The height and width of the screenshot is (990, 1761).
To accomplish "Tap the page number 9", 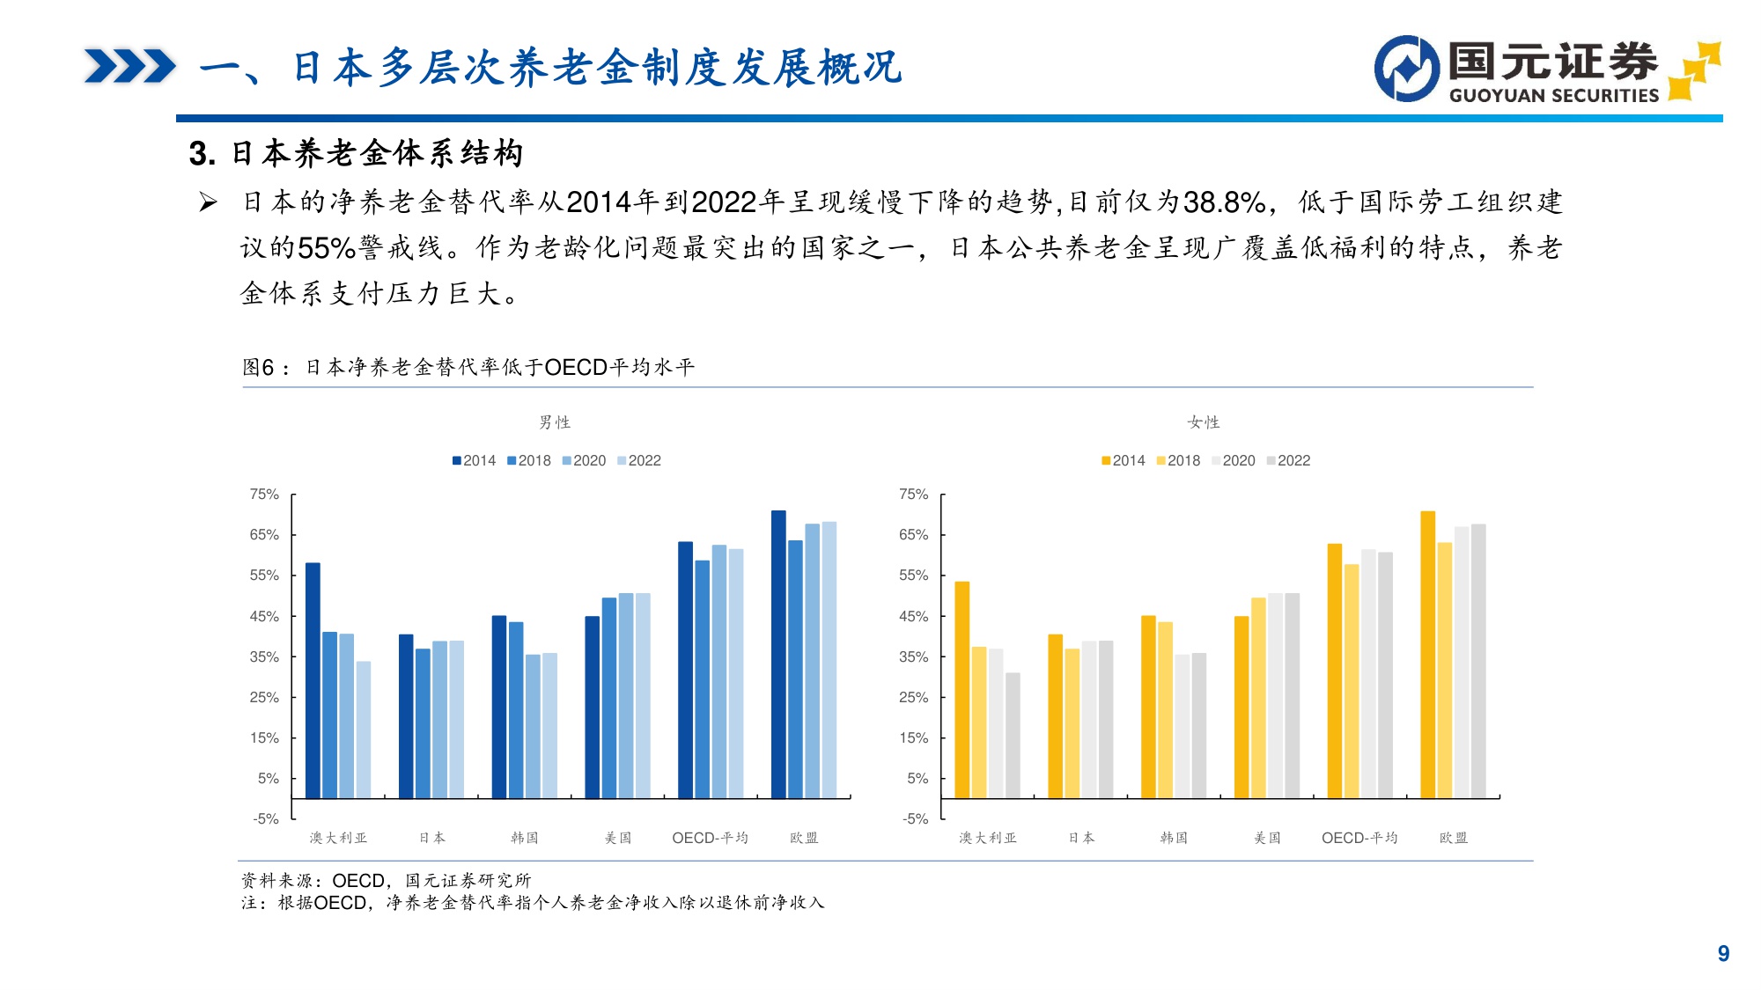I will coord(1723,953).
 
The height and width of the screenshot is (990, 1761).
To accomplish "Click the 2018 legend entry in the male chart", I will coord(528,460).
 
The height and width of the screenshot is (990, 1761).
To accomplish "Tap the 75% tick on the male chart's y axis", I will coord(264,495).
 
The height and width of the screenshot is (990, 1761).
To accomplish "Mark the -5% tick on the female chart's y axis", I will coord(914,818).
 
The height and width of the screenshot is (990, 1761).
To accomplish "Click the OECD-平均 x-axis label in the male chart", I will coord(710,838).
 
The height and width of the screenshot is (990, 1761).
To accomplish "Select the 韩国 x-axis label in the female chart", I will coord(1174,838).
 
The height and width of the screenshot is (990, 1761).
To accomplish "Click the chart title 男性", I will coord(555,422).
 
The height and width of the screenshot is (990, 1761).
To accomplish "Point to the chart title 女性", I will coord(1204,422).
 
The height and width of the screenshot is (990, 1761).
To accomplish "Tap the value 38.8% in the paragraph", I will coord(1224,202).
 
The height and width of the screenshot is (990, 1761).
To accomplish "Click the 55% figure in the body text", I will coord(326,248).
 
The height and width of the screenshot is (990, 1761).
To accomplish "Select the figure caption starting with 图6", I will coord(468,367).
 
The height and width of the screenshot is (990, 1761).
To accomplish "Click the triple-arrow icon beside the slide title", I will coord(129,67).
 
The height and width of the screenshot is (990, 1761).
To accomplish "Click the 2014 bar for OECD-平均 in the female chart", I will coord(1335,671).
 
